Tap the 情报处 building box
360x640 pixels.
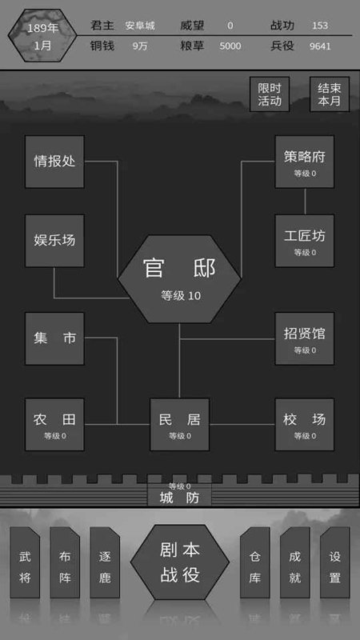coord(54,162)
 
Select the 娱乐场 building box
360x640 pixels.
coord(54,241)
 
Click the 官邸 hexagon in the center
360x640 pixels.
coord(179,279)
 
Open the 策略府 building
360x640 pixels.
coord(305,162)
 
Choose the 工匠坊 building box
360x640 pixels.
coord(305,241)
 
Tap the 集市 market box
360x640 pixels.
coord(54,338)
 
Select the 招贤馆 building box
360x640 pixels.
coord(305,338)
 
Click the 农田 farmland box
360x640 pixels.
coord(54,425)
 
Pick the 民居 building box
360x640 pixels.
coord(179,425)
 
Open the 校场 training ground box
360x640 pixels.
coord(305,425)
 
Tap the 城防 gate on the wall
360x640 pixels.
coord(179,494)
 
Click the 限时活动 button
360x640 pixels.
coord(270,94)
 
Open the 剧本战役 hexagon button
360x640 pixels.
coord(180,562)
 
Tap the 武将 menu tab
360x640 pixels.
coord(25,562)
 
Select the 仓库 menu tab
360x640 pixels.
coord(255,562)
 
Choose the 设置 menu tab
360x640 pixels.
coord(335,562)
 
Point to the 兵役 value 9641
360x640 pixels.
coord(320,46)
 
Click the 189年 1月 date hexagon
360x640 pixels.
coord(42,35)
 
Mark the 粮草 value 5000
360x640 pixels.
coord(230,46)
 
